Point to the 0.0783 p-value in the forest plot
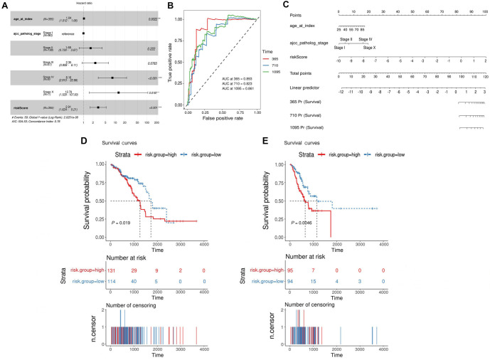(151, 63)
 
